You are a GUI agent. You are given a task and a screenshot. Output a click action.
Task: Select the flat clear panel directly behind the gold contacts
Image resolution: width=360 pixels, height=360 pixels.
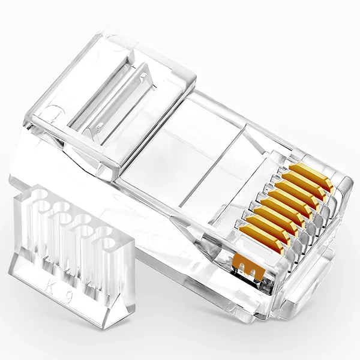tap(198, 144)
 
